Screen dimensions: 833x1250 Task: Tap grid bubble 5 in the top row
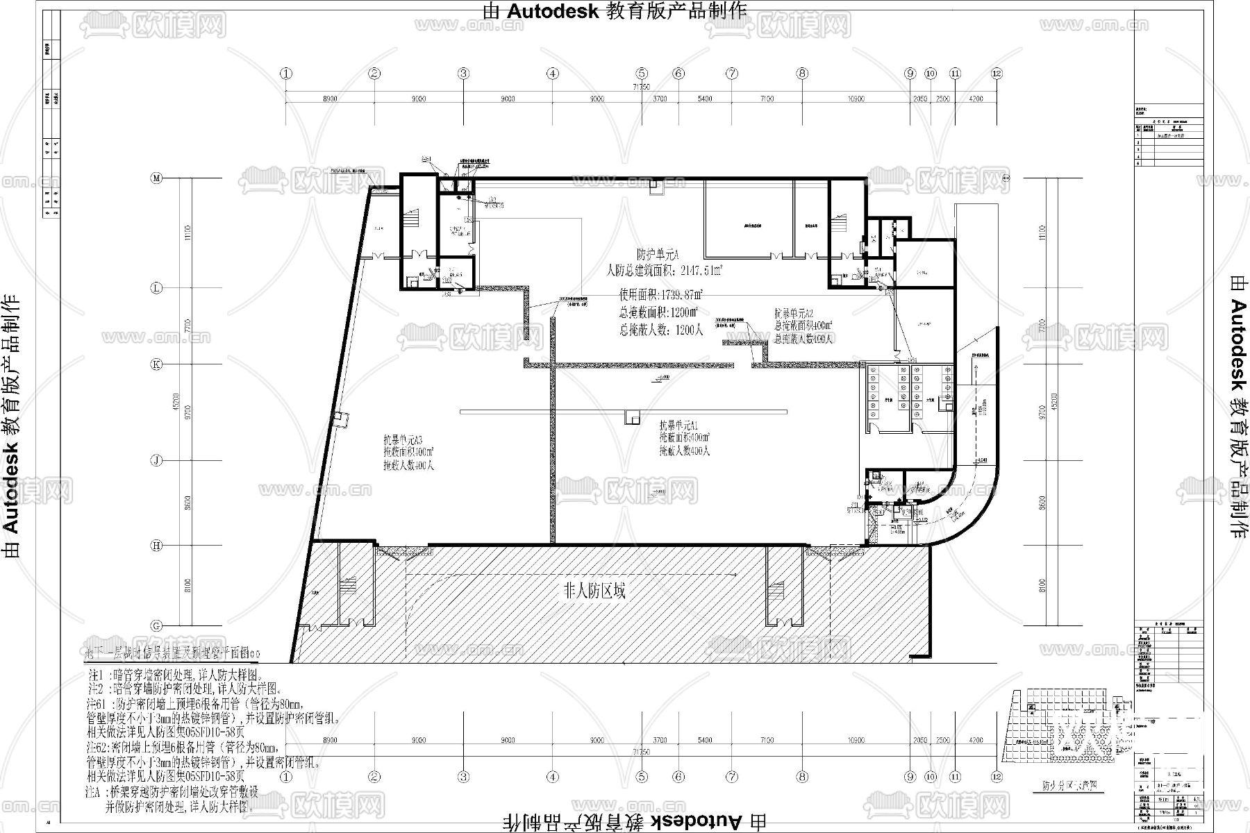click(642, 73)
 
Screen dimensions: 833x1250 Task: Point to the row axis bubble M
click(157, 178)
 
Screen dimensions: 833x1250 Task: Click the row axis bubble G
click(157, 625)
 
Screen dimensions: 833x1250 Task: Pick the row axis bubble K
click(157, 363)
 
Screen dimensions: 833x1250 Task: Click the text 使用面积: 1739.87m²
click(660, 295)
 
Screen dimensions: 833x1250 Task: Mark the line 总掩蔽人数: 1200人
click(661, 330)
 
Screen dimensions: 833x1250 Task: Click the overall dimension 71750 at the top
click(640, 87)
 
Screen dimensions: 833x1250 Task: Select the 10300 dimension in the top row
click(856, 99)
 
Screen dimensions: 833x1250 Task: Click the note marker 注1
click(96, 675)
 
